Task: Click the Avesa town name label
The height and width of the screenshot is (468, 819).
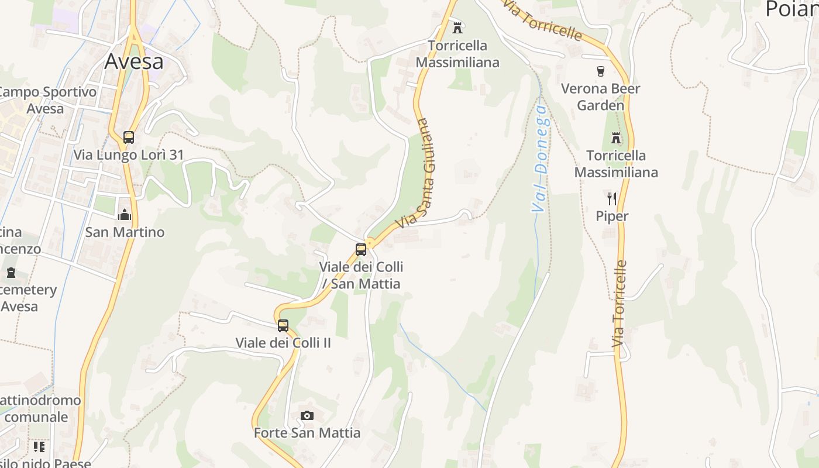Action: (x=134, y=61)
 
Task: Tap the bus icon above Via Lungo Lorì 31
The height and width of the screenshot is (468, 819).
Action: (x=129, y=137)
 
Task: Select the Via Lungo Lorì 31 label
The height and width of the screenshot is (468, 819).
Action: (x=129, y=155)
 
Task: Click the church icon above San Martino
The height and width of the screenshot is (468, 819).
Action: (x=124, y=215)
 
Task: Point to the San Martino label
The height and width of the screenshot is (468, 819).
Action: (x=125, y=232)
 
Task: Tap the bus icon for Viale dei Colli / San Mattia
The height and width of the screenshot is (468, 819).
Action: (x=361, y=250)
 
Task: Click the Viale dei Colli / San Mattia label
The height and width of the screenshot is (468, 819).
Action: (x=361, y=276)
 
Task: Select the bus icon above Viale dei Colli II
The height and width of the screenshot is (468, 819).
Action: (x=283, y=326)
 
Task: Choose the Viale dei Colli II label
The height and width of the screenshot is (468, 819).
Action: (x=283, y=343)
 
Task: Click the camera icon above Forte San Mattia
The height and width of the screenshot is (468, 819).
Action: (x=307, y=416)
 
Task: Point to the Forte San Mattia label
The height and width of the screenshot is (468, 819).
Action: (x=307, y=433)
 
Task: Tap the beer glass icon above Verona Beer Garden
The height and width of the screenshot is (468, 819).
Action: (x=600, y=71)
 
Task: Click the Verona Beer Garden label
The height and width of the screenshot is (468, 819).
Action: (x=600, y=97)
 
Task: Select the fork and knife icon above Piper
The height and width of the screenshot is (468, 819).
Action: (x=612, y=199)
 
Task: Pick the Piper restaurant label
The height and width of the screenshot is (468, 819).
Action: (x=612, y=216)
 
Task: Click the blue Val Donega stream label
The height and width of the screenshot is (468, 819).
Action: (x=540, y=159)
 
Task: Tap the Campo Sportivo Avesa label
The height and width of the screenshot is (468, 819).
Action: (x=47, y=100)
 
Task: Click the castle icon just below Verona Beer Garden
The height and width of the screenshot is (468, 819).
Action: (x=615, y=138)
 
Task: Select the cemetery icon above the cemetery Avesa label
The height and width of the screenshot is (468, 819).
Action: (x=11, y=273)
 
